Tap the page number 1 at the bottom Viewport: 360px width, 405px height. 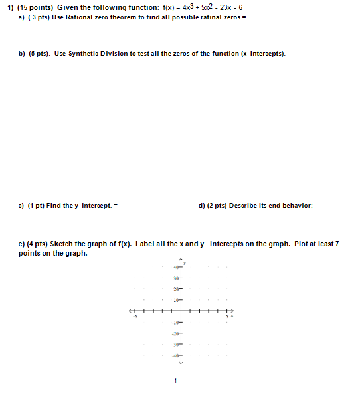click(175, 382)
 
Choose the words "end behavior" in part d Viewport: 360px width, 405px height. click(291, 205)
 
